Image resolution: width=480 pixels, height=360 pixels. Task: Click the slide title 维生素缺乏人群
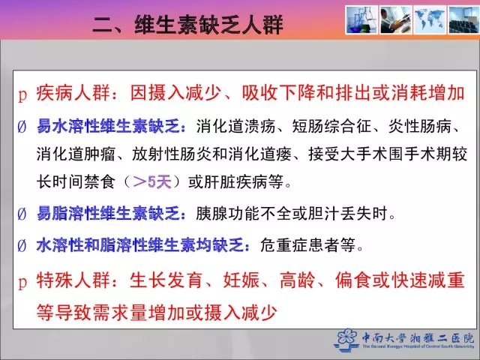pos(208,25)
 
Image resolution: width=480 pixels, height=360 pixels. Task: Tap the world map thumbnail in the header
pos(430,20)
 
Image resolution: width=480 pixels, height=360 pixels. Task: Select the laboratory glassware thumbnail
pos(361,20)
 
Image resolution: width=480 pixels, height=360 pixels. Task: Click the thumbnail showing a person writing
pos(395,20)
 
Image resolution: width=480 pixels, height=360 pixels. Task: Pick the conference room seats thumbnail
pos(463,20)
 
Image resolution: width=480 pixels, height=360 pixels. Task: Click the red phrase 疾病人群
pos(73,93)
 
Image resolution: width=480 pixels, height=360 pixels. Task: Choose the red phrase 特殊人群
pos(73,280)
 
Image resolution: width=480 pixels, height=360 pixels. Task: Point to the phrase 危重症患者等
pos(307,245)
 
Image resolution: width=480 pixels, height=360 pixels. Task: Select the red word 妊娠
pos(241,280)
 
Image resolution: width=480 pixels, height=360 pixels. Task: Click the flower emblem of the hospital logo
pos(346,340)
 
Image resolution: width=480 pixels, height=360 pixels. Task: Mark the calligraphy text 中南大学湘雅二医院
pos(418,338)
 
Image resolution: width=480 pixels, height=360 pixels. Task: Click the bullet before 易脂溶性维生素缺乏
pos(22,214)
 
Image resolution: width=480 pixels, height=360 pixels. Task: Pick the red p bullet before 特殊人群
pos(22,282)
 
